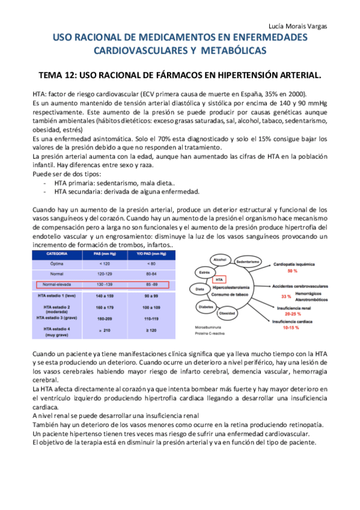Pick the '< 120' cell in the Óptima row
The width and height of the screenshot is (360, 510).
point(104,263)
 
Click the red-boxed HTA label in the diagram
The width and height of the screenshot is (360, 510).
point(220,280)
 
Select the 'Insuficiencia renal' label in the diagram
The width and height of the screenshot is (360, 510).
point(294,308)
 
